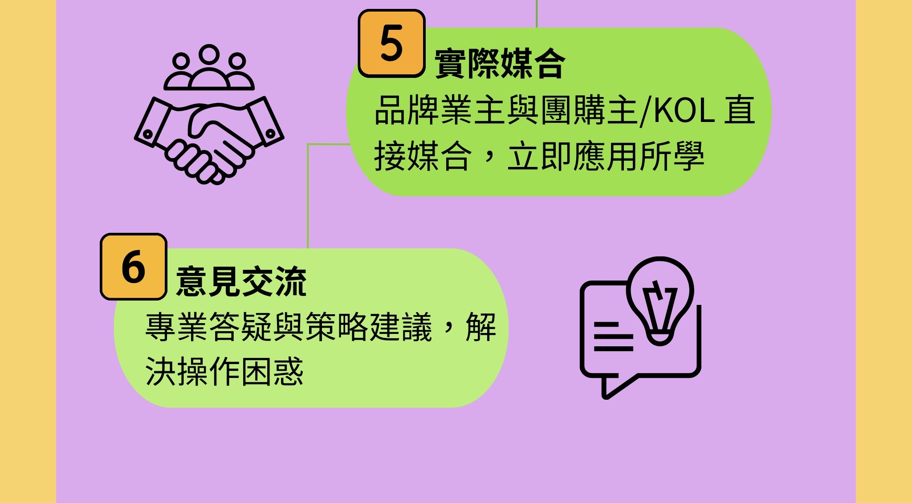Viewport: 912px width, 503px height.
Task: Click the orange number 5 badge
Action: pos(391,44)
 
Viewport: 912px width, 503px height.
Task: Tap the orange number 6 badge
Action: pos(134,267)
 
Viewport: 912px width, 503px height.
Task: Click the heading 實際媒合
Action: pos(500,64)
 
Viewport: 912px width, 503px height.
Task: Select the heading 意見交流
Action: pos(241,281)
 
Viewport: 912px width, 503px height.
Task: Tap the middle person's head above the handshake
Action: pos(209,54)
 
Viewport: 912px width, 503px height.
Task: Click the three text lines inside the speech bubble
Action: pos(613,337)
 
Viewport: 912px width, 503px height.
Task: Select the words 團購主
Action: pos(590,110)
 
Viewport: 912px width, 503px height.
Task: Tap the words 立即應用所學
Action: pos(606,157)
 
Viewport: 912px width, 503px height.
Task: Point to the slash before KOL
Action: pos(645,111)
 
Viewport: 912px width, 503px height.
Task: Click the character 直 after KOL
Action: pos(739,110)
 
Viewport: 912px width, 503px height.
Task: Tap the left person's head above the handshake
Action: pos(181,61)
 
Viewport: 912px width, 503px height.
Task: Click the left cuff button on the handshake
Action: pos(147,134)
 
